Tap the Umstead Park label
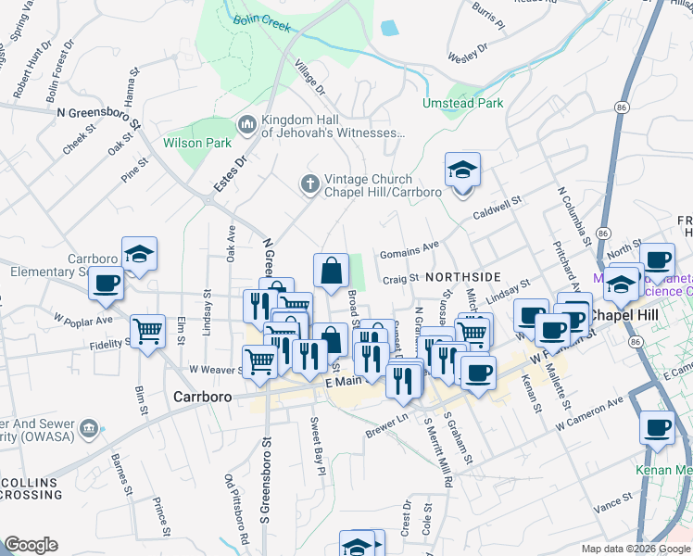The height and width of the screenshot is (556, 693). [463, 103]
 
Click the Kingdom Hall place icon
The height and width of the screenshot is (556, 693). [247, 124]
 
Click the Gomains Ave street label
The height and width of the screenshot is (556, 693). [409, 250]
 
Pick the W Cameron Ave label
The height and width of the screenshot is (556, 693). [589, 414]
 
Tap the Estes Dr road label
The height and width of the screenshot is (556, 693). [231, 172]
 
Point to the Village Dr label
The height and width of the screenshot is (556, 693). [309, 78]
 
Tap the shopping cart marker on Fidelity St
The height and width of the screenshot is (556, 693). [148, 331]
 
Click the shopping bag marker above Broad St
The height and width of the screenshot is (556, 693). [331, 272]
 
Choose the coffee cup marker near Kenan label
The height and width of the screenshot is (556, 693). [658, 429]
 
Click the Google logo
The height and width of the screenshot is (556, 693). [31, 545]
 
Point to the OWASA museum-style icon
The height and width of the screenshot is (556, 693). [89, 428]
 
